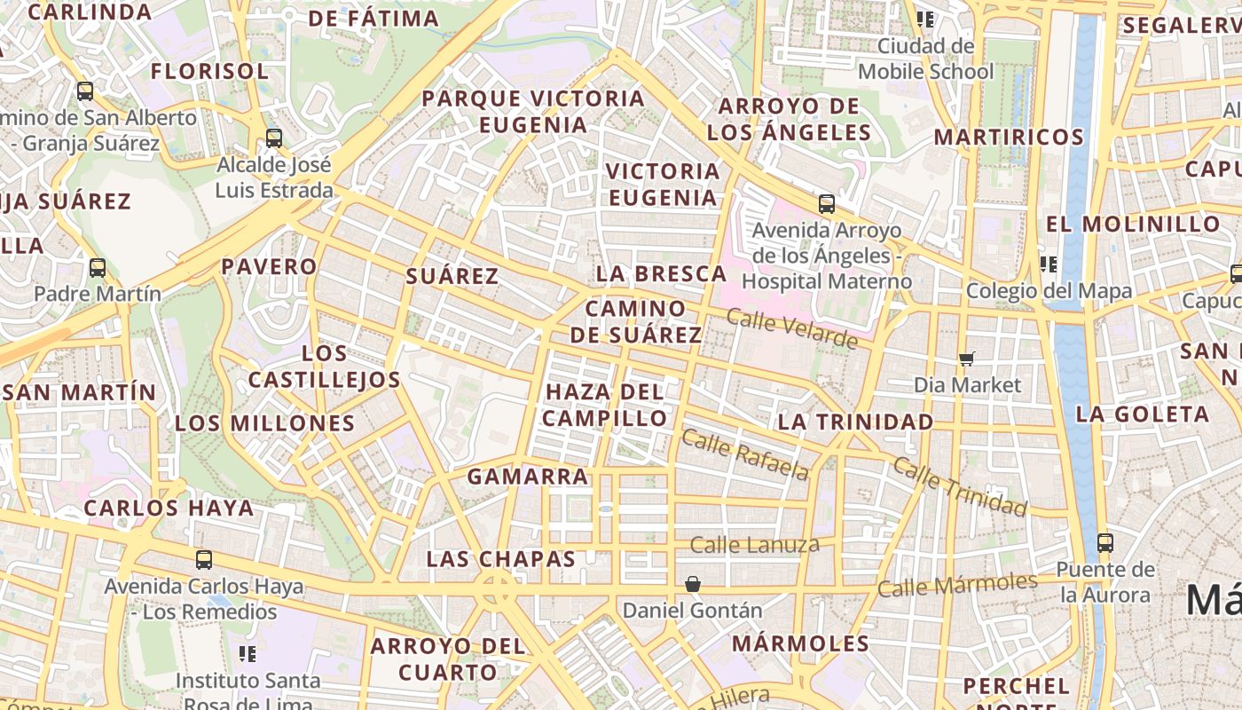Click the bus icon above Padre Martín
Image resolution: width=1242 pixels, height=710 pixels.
98,267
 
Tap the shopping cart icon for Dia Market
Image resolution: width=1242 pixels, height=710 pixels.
967,359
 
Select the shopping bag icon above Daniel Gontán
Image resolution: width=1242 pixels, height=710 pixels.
693,584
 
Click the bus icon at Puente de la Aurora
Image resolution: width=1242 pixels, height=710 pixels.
1104,541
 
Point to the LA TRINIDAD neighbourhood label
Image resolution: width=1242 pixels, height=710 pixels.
855,422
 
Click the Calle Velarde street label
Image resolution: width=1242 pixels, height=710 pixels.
791,328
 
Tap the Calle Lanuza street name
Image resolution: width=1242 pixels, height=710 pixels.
754,545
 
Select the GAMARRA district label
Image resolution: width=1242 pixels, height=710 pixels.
528,477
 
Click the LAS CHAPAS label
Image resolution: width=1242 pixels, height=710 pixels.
500,559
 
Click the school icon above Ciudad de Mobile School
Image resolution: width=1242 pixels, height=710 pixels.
925,19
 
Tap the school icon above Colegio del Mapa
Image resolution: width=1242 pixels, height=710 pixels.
1049,264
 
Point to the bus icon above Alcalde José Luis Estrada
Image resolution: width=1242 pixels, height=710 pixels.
274,138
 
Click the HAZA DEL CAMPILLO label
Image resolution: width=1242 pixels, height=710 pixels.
605,405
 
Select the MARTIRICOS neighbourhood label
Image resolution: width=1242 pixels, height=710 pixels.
1008,138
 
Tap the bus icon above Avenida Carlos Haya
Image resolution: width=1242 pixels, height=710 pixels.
204,559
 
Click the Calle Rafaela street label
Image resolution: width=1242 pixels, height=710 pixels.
745,454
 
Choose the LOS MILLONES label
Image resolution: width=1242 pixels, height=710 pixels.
264,423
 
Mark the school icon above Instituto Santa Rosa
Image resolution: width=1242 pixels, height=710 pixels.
248,654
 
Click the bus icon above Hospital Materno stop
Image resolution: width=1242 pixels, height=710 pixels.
827,204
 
